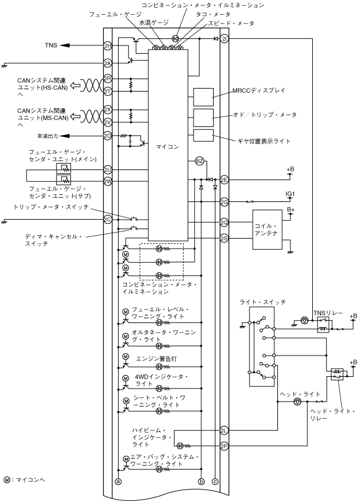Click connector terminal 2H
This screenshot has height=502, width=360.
tap(108, 46)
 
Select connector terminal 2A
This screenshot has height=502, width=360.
tap(108, 63)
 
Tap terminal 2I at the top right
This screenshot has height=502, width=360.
tap(224, 39)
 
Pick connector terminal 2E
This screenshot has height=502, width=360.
tap(224, 180)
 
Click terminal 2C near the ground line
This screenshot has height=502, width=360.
tap(108, 220)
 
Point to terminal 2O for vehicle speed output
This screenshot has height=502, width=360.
tap(108, 136)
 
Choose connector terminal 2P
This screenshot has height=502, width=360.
tap(224, 446)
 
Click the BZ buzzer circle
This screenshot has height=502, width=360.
tap(199, 161)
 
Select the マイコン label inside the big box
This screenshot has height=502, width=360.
tap(167, 147)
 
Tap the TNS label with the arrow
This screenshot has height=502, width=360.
tap(51, 45)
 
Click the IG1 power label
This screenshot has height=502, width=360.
tap(290, 194)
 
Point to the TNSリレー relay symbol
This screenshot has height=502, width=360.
tap(323, 325)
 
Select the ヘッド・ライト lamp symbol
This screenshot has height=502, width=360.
tap(297, 402)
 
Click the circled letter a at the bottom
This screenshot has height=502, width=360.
tap(119, 481)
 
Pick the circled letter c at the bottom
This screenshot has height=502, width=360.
tap(215, 481)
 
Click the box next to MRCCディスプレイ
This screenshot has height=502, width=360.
tap(203, 97)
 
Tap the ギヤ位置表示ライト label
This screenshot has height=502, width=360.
tap(264, 141)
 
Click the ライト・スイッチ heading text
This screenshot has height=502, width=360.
tap(263, 302)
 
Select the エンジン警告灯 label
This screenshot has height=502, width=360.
tap(156, 358)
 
